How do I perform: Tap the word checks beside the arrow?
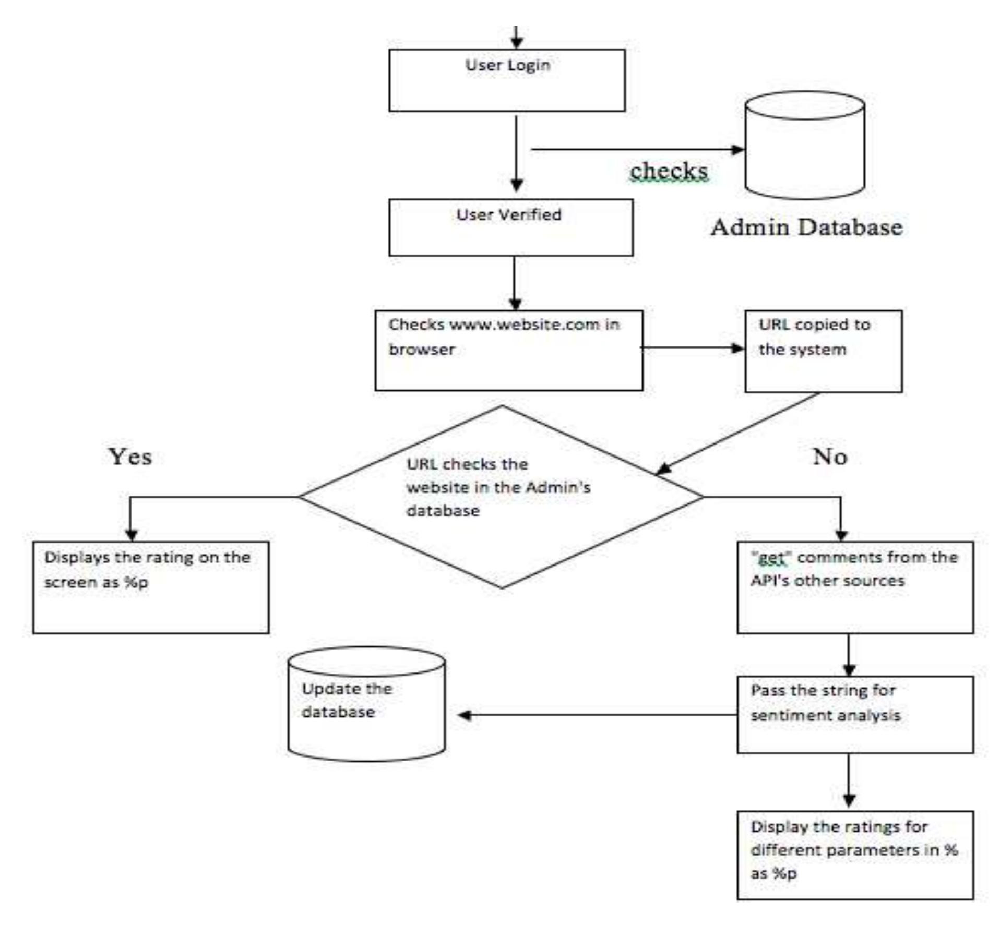669,171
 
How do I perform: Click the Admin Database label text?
806,227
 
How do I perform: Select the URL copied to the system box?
823,351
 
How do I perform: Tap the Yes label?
130,457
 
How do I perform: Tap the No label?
829,457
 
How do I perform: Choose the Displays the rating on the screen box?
151,587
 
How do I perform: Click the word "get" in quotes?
771,558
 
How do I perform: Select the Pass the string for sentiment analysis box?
854,714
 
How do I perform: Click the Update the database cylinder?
366,704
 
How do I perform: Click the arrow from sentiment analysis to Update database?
595,715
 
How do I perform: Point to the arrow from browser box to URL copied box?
692,347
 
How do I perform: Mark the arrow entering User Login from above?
516,38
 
